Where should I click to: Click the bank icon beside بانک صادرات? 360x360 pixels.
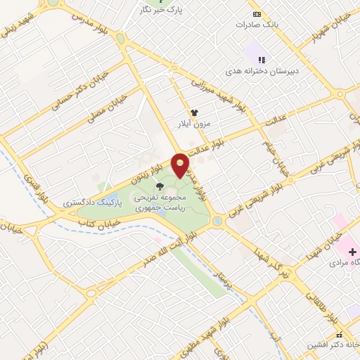pos(257,14)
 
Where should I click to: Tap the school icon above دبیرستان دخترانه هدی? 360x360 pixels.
pos(261,60)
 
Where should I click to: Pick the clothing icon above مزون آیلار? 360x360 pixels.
pos(194,112)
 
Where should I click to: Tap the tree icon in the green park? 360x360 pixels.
pos(160,186)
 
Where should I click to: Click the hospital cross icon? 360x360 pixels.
pos(352,252)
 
